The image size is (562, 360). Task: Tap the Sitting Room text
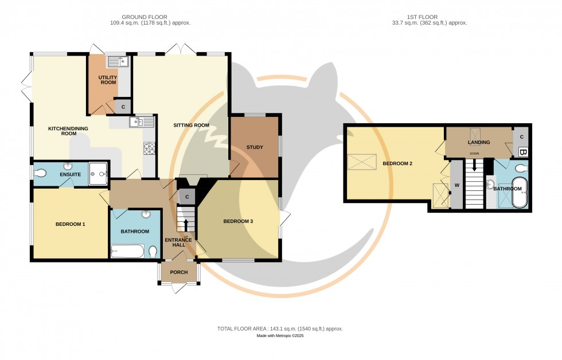192,125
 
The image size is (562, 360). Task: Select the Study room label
255,147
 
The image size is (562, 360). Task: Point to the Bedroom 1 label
70,224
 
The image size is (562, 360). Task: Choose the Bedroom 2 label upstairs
398,163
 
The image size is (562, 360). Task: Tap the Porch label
178,272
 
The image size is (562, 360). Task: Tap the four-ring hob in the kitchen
149,149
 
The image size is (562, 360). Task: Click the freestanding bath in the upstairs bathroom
519,193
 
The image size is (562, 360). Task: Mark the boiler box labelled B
522,152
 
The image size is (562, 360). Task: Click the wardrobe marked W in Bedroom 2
457,185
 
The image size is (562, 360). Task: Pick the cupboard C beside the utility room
123,107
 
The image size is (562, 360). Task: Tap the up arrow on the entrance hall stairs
185,224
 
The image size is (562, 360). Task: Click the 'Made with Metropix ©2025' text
280,336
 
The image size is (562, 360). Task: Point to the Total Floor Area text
280,328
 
